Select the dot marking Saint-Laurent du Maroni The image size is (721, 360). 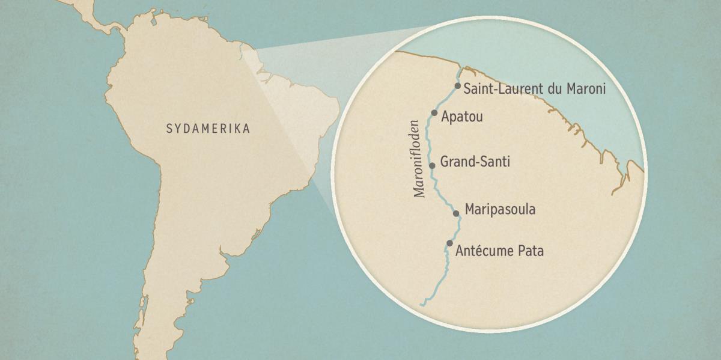tap(458, 86)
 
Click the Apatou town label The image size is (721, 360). tap(462, 117)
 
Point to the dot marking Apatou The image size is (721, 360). tap(434, 112)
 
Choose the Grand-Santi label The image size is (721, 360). tap(475, 162)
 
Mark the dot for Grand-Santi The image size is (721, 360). tap(432, 165)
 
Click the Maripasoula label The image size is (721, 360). tap(500, 210)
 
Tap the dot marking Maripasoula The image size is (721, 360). tap(456, 213)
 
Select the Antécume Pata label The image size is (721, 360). tap(499, 251)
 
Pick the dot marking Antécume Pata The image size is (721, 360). tap(449, 243)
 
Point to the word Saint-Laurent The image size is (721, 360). tap(502, 89)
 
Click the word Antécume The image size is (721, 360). tap(484, 251)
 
